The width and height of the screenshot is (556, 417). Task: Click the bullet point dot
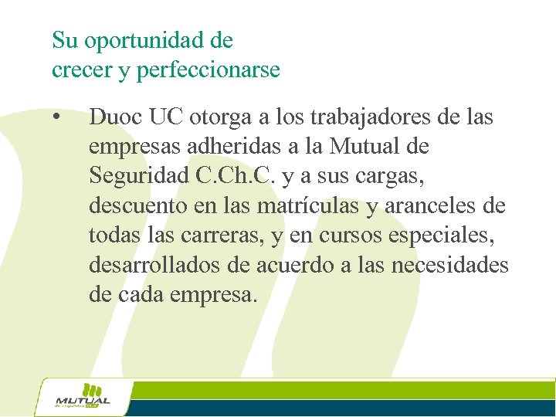coord(56,118)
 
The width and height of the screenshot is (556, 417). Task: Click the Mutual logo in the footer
coord(83,397)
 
